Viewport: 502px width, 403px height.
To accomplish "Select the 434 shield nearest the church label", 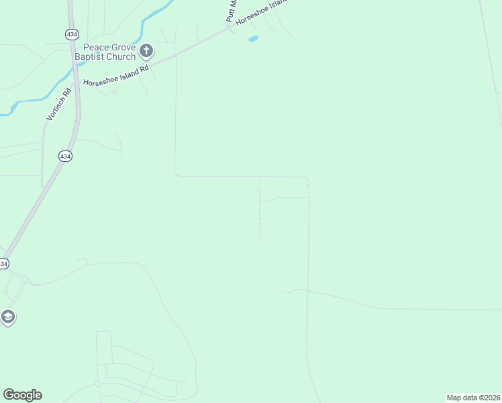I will (71, 34).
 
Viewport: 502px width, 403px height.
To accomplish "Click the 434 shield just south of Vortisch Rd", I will (65, 156).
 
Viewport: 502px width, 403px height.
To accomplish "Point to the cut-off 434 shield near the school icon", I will (3, 264).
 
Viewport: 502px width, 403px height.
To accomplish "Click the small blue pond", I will (253, 39).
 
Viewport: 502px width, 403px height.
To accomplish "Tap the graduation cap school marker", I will (7, 317).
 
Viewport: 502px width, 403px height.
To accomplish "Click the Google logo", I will (22, 395).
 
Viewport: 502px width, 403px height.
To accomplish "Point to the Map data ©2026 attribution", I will (473, 398).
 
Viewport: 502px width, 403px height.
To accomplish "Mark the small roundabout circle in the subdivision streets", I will (98, 384).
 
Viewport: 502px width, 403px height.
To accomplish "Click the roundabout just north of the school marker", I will (25, 278).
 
